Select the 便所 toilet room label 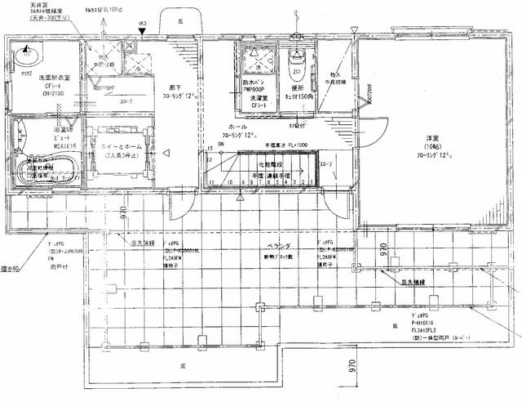coord(296,88)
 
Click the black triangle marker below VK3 coord(144,33)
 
